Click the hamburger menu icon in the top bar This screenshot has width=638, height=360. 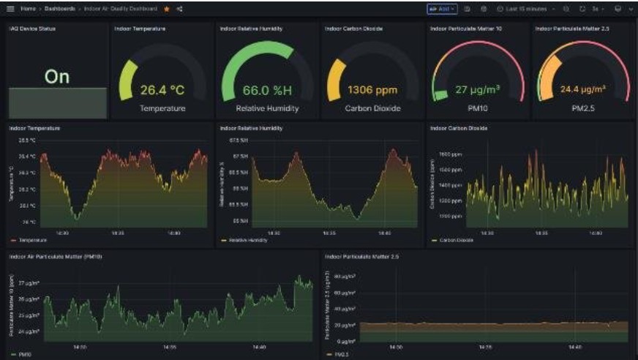10,9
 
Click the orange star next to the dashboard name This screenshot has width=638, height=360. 167,9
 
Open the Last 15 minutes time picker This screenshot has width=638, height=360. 525,9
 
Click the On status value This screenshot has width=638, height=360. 57,76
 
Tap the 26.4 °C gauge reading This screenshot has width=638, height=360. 163,91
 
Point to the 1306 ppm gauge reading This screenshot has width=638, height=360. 372,91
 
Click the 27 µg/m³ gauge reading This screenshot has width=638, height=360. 478,90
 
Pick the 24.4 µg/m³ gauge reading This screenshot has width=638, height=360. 582,90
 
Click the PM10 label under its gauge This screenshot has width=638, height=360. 478,108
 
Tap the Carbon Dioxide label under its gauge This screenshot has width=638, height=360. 372,108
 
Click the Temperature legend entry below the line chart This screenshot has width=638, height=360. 31,240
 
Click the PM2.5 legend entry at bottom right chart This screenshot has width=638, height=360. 341,354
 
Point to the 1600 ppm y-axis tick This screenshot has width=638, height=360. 448,155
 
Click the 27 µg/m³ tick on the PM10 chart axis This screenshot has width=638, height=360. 28,282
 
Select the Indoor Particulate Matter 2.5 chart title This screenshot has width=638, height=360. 362,257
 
